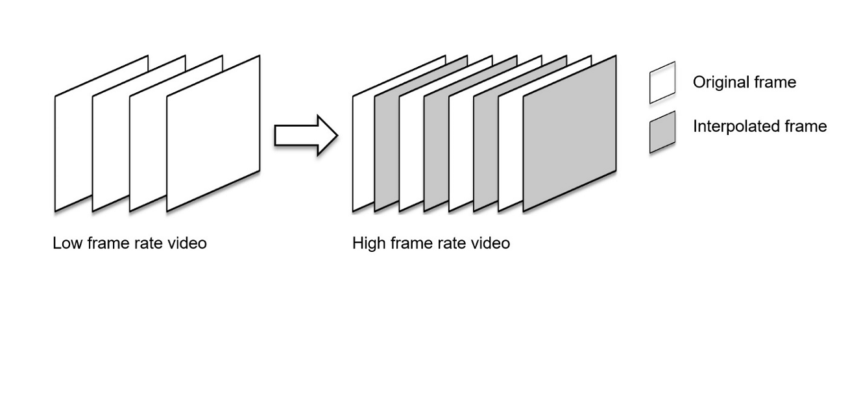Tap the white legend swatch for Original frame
pos(662,82)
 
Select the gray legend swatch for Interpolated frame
pos(662,132)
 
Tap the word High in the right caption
pos(368,243)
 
